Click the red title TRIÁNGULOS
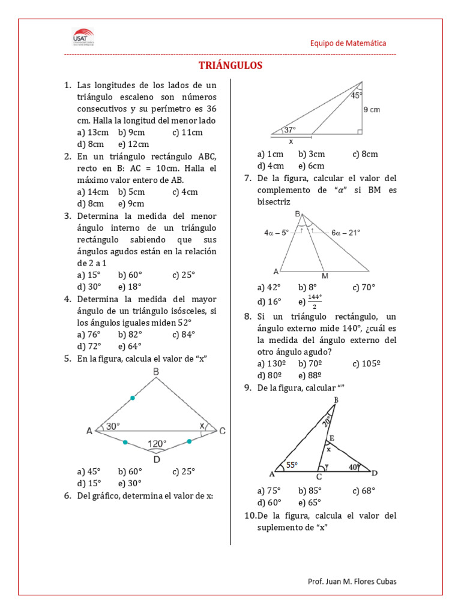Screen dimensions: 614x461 [x=230, y=65]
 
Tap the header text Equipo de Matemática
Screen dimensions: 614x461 [x=348, y=43]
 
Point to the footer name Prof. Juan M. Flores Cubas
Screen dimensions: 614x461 [x=352, y=581]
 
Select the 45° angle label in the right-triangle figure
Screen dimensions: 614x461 [x=357, y=95]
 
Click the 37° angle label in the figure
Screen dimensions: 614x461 [x=290, y=130]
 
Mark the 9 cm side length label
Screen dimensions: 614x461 [x=372, y=110]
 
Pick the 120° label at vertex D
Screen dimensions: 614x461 [x=157, y=444]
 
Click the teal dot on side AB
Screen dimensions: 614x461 [x=133, y=398]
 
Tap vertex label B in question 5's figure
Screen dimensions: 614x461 [x=156, y=372]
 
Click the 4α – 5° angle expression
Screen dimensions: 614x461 [x=276, y=232]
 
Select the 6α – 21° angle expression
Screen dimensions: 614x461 [x=345, y=232]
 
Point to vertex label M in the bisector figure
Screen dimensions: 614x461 [x=325, y=276]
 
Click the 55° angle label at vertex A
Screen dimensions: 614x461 [x=292, y=464]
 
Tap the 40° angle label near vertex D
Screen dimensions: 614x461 [x=354, y=466]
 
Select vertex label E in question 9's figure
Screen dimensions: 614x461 [x=331, y=438]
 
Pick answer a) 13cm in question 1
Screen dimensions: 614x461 [x=93, y=133]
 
